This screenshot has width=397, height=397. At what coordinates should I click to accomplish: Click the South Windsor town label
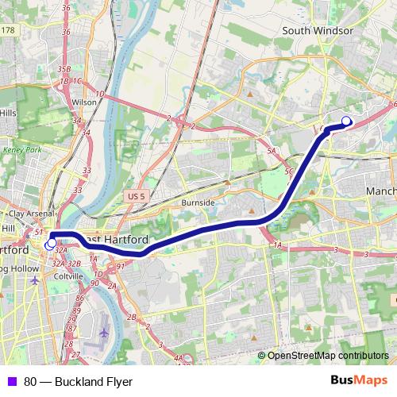pyautogui.click(x=318, y=31)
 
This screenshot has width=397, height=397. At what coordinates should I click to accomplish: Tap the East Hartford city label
pyautogui.click(x=118, y=239)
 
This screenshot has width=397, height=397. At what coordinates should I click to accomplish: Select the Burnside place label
pyautogui.click(x=198, y=202)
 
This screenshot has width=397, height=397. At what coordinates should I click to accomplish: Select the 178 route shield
pyautogui.click(x=8, y=30)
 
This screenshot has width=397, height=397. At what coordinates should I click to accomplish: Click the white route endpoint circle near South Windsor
pyautogui.click(x=346, y=121)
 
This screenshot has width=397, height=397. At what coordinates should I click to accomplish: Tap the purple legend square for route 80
pyautogui.click(x=10, y=381)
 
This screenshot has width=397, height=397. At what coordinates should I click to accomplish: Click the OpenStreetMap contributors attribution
pyautogui.click(x=327, y=355)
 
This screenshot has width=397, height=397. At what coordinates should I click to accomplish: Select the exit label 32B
pyautogui.click(x=74, y=263)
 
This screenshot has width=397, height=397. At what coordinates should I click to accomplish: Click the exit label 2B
pyautogui.click(x=133, y=317)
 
